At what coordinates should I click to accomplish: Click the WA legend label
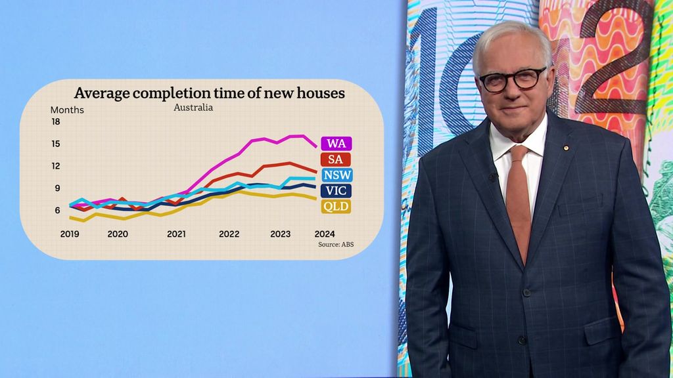[336, 143]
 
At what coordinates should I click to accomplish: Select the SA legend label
[335, 159]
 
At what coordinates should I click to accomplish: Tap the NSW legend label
[337, 175]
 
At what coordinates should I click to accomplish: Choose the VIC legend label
[335, 191]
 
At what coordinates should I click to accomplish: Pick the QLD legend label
[335, 207]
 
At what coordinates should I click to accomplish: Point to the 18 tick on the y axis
[55, 122]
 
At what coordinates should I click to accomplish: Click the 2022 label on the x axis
[229, 234]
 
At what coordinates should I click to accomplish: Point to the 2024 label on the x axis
[325, 234]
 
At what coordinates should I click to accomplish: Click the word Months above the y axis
[67, 110]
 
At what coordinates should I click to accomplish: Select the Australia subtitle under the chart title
[193, 107]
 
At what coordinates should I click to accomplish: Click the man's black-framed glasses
[513, 79]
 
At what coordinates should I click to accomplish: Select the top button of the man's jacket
[526, 291]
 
